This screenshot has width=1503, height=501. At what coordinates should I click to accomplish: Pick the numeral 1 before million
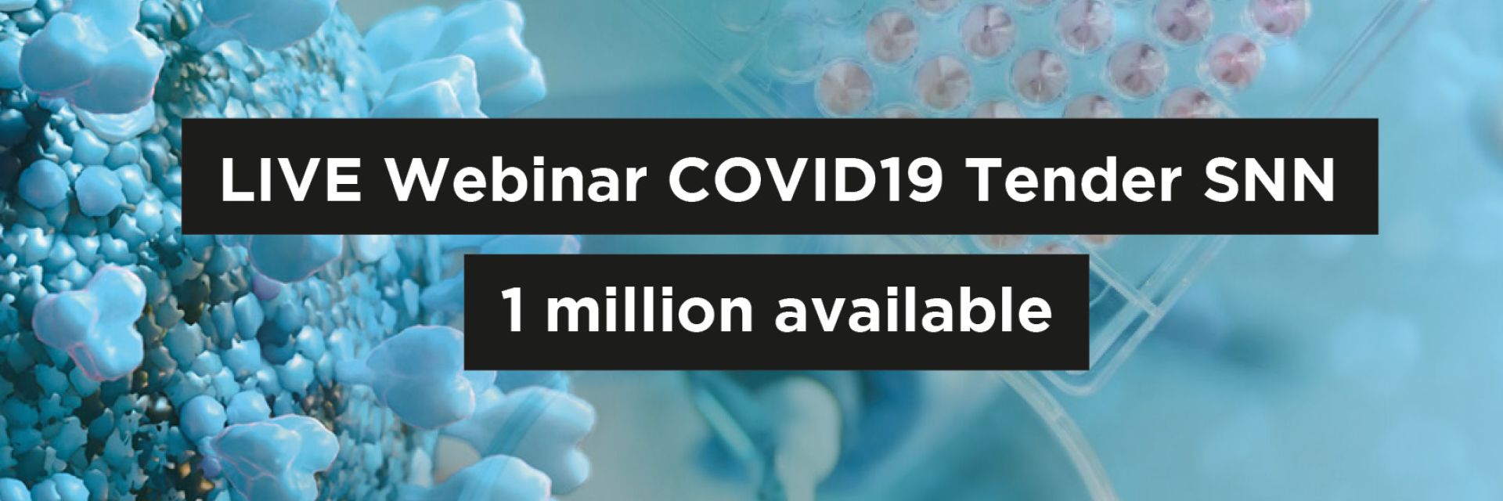pos(513,310)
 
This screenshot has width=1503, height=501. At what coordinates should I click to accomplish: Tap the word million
pos(649,310)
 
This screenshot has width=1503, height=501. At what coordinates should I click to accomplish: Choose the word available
pos(913,310)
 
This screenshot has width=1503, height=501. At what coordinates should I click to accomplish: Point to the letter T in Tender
pos(988,180)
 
